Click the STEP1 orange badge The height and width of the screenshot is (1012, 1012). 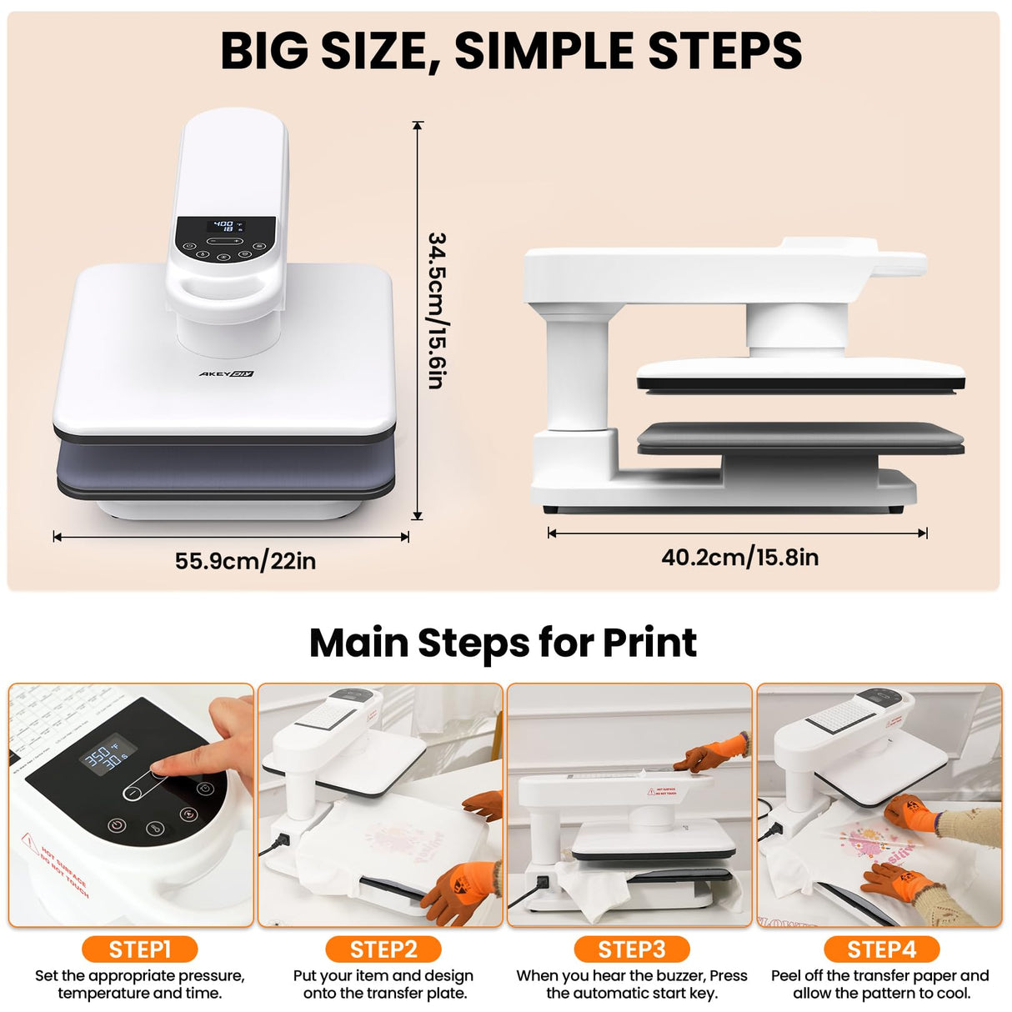[x=139, y=949]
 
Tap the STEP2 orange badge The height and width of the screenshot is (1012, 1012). [x=383, y=949]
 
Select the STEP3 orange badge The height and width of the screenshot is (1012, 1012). [x=632, y=949]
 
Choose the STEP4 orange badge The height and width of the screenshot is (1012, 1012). [x=881, y=949]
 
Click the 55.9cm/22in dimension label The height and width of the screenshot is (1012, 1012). [x=245, y=561]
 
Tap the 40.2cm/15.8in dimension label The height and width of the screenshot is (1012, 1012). [x=739, y=557]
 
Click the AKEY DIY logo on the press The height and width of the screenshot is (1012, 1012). [x=225, y=374]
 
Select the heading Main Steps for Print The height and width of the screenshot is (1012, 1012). [x=503, y=643]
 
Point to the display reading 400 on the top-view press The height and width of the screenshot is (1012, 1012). [x=224, y=226]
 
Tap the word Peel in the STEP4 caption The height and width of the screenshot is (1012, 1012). [x=786, y=975]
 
